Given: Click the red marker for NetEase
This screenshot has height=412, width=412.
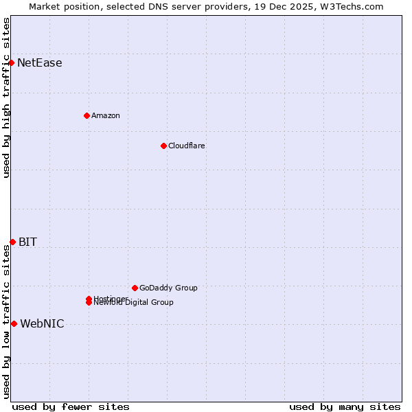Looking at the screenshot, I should pos(12,62).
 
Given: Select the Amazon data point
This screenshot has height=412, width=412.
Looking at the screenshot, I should pos(87,115).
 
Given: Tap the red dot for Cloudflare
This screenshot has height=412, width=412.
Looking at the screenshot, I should pos(163,146).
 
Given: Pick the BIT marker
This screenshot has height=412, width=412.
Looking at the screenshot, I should pos(12,242).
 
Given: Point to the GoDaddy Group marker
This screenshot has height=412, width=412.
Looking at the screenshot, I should pos(135,288).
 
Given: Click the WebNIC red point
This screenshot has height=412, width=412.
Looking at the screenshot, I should pos(14,323).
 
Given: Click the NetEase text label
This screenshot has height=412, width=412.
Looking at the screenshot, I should pos(40,63).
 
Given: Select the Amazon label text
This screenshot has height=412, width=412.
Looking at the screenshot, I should pos(106,115).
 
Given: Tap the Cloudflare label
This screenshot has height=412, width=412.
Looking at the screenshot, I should pos(187,146).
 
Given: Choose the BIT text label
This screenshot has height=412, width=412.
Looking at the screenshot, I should pos(27,242).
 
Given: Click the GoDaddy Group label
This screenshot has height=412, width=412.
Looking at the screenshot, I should pos(168,288).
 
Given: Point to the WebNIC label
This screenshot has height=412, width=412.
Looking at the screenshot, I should pos(42,324).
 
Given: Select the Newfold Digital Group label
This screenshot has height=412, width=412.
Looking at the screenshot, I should pos(135,303).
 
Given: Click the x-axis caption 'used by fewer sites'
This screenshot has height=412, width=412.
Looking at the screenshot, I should pos(71,407).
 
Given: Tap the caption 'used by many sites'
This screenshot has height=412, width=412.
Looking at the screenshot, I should pos(345,407).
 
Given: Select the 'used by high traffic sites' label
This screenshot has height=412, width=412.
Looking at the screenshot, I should pos(6,98).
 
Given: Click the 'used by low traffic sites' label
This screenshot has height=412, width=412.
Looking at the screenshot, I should pos(6,321).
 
